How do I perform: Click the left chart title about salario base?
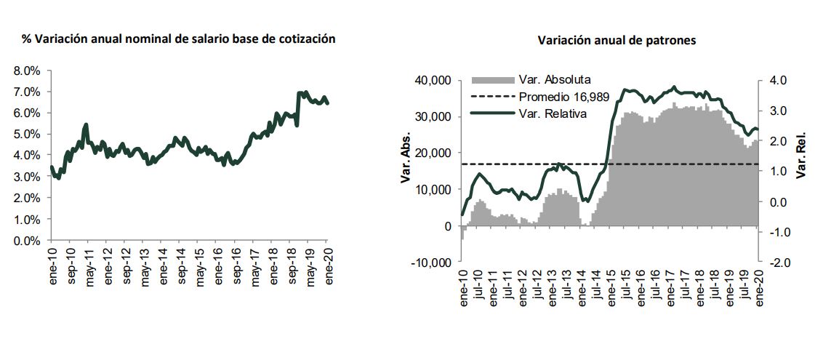tap(178, 39)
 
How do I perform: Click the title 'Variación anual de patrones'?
tap(617, 41)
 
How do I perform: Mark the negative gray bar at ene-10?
tap(462, 233)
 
